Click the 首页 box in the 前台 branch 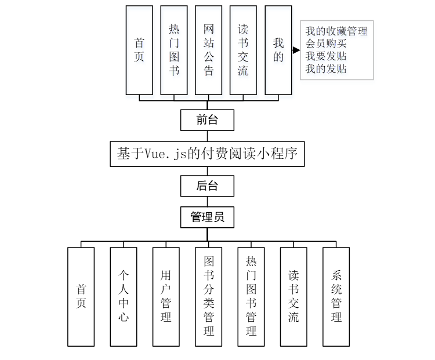pos(139,50)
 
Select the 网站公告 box pos(209,50)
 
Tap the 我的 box pos(278,50)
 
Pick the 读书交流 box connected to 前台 pos(244,50)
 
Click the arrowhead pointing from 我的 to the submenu pos(296,51)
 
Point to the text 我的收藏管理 pos(336,31)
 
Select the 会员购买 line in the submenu pos(326,44)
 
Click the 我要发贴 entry pos(326,56)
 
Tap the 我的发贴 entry pos(326,69)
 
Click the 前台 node pos(207,121)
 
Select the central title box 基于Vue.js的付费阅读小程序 pos(207,154)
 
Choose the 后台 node pos(207,186)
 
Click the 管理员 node pos(207,217)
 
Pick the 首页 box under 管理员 pos(81,296)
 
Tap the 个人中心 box pos(124,296)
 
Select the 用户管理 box pos(166,296)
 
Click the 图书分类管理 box pos(209,296)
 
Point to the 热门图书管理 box pos(251,296)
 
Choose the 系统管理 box pos(336,296)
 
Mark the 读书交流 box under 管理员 pos(293,296)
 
